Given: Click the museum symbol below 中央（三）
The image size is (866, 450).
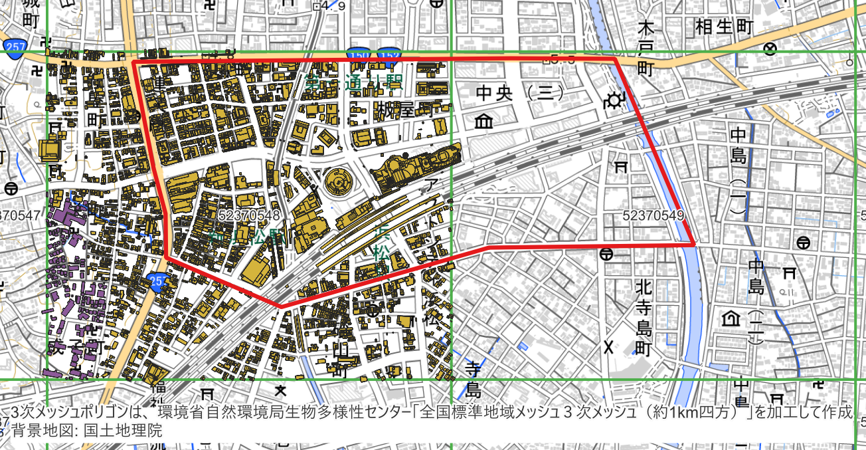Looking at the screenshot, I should click(484, 122).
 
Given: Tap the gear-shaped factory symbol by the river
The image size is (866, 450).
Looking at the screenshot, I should click(614, 101).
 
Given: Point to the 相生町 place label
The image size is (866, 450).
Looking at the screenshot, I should click(725, 27).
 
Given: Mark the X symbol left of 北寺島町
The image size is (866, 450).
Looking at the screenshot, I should click(608, 346).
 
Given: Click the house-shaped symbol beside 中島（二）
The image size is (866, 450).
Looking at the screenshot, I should click(731, 319).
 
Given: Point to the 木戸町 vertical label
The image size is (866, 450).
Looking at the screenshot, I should click(646, 49).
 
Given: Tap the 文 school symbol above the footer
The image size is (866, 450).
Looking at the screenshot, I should click(282, 390).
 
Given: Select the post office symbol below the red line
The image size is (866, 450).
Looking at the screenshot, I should click(606, 254).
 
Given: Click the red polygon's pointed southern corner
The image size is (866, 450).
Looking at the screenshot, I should click(280, 306).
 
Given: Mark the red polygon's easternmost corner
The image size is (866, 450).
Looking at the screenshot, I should click(695, 245).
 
